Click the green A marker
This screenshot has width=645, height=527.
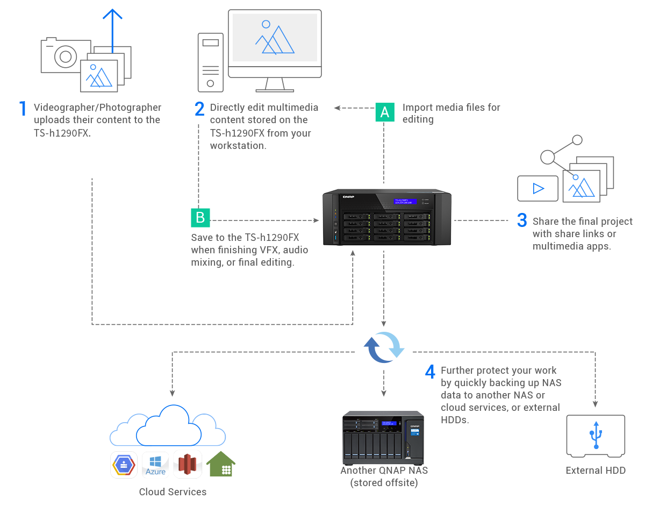(x=384, y=112)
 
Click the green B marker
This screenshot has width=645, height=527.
(x=200, y=217)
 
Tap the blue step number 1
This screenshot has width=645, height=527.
(x=23, y=109)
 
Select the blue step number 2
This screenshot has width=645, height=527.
(x=199, y=109)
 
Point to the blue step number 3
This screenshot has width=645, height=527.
(x=522, y=220)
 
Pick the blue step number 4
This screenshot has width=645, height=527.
(x=430, y=372)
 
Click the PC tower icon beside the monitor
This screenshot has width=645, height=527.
(x=210, y=62)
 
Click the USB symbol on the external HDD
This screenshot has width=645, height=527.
(x=595, y=435)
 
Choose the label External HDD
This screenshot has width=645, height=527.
(x=595, y=471)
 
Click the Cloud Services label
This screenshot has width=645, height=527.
(x=173, y=492)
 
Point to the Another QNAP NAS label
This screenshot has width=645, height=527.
(x=384, y=476)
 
